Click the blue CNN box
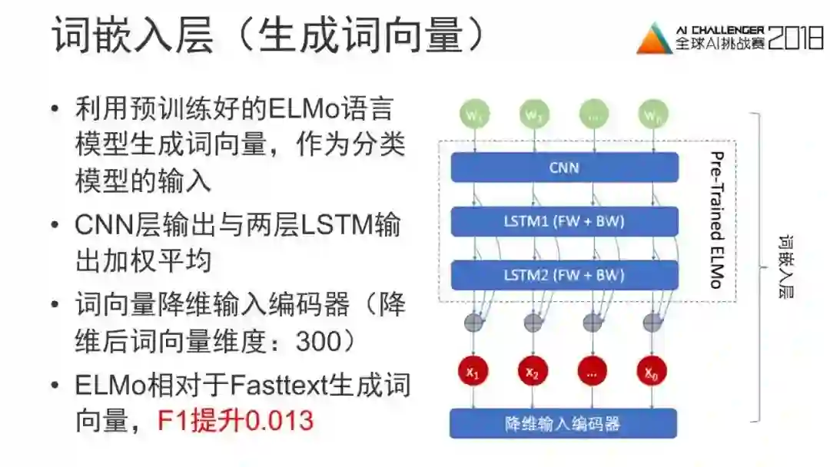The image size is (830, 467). coord(564,167)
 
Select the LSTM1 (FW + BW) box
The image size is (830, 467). coord(564,222)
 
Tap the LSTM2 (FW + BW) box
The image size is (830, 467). coord(564,275)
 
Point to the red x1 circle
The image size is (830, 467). coord(473,372)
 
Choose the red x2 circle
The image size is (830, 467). coord(533,372)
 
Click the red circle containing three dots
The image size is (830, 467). coord(592,372)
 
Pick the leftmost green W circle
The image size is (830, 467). coord(473,114)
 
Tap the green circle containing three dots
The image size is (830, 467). coord(592,114)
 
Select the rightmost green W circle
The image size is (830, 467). coord(650,114)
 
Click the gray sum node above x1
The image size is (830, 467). coord(473,322)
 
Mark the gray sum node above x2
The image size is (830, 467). coord(533,322)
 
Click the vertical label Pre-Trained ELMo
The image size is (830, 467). coord(716,220)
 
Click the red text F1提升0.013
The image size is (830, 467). coord(236,421)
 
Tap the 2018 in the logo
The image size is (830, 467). coord(795,38)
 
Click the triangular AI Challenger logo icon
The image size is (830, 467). coord(654,38)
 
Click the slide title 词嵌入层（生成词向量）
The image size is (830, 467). coord(269,36)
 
